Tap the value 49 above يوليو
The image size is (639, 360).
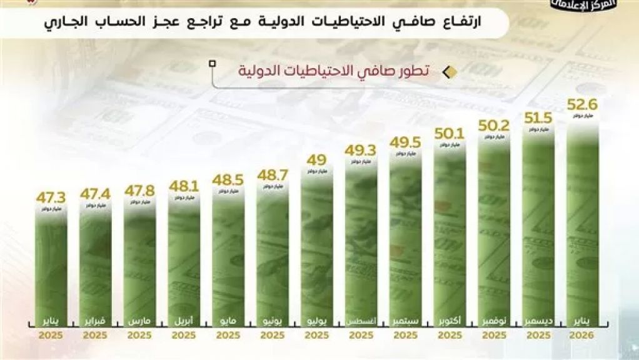[x=317, y=160]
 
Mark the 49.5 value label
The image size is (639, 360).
[x=405, y=142]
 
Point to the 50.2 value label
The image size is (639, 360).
[x=494, y=125]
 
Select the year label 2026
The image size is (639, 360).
[x=583, y=336]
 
